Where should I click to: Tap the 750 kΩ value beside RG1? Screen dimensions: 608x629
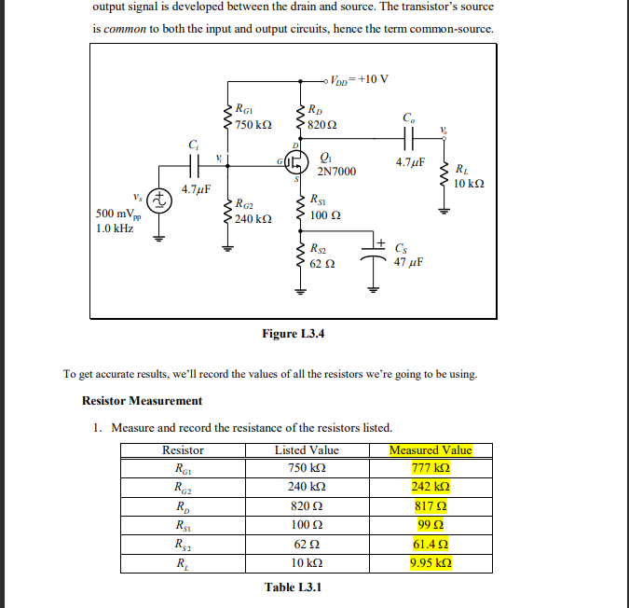coord(253,125)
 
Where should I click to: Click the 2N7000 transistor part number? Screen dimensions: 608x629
coord(336,172)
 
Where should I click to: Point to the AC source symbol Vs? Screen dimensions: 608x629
coord(159,199)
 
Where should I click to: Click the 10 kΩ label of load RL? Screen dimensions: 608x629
coord(469,184)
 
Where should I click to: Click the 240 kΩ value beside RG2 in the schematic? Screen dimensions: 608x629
coord(253,219)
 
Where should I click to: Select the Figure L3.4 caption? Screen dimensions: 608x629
coord(294,333)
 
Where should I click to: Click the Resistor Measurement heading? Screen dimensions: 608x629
coord(142,401)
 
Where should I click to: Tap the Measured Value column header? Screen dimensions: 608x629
coord(431,450)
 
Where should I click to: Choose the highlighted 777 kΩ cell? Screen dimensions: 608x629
coord(431,468)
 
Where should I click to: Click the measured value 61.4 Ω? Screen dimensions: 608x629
coord(431,545)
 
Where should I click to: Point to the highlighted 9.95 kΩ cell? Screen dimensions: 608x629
coord(431,563)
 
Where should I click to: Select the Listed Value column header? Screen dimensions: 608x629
coord(307,450)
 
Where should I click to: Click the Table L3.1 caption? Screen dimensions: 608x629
coord(293,587)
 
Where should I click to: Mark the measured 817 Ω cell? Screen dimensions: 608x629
coord(431,506)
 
